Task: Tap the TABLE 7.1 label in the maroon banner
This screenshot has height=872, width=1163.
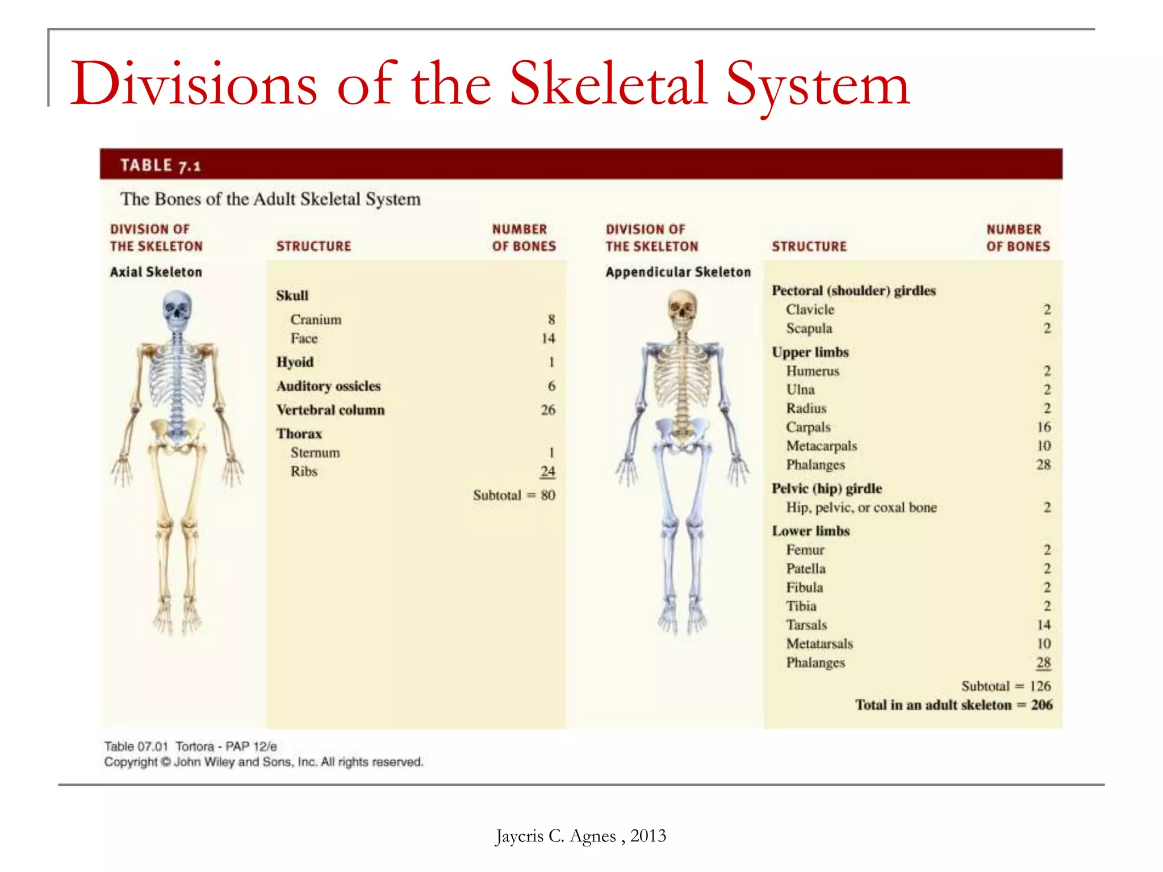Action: click(160, 165)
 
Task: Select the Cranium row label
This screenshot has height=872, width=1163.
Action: click(316, 320)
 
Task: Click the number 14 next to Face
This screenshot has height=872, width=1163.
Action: click(547, 338)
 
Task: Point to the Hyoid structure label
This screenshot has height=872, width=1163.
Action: click(295, 362)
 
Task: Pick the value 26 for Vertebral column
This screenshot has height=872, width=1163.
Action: click(547, 410)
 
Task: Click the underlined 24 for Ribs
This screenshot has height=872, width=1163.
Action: click(547, 471)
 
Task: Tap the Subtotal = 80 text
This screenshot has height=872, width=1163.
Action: click(514, 495)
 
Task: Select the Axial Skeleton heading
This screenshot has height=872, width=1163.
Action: click(156, 272)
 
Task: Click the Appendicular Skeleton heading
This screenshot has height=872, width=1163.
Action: click(677, 272)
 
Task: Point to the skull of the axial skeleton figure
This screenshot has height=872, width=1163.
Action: click(177, 310)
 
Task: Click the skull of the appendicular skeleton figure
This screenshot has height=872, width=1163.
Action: click(682, 310)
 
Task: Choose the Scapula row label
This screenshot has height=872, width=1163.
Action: click(809, 328)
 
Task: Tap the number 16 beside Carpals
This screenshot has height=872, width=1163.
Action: click(1043, 427)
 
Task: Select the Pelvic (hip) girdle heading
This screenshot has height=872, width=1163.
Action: click(826, 488)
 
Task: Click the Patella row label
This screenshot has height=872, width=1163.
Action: click(805, 568)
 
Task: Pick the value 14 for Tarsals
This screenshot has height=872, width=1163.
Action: click(1043, 625)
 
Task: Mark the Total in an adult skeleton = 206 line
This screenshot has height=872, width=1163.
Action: click(953, 705)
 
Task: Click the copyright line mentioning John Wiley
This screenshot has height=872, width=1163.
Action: click(263, 762)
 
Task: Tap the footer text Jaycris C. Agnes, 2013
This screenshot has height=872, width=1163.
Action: click(580, 836)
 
